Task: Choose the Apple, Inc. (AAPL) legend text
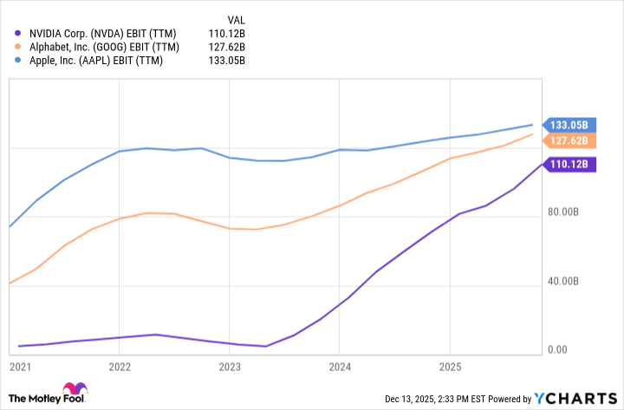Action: click(x=89, y=60)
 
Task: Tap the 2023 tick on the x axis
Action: click(x=230, y=368)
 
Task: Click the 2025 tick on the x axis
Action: click(x=449, y=368)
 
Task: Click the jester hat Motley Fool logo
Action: click(x=74, y=391)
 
